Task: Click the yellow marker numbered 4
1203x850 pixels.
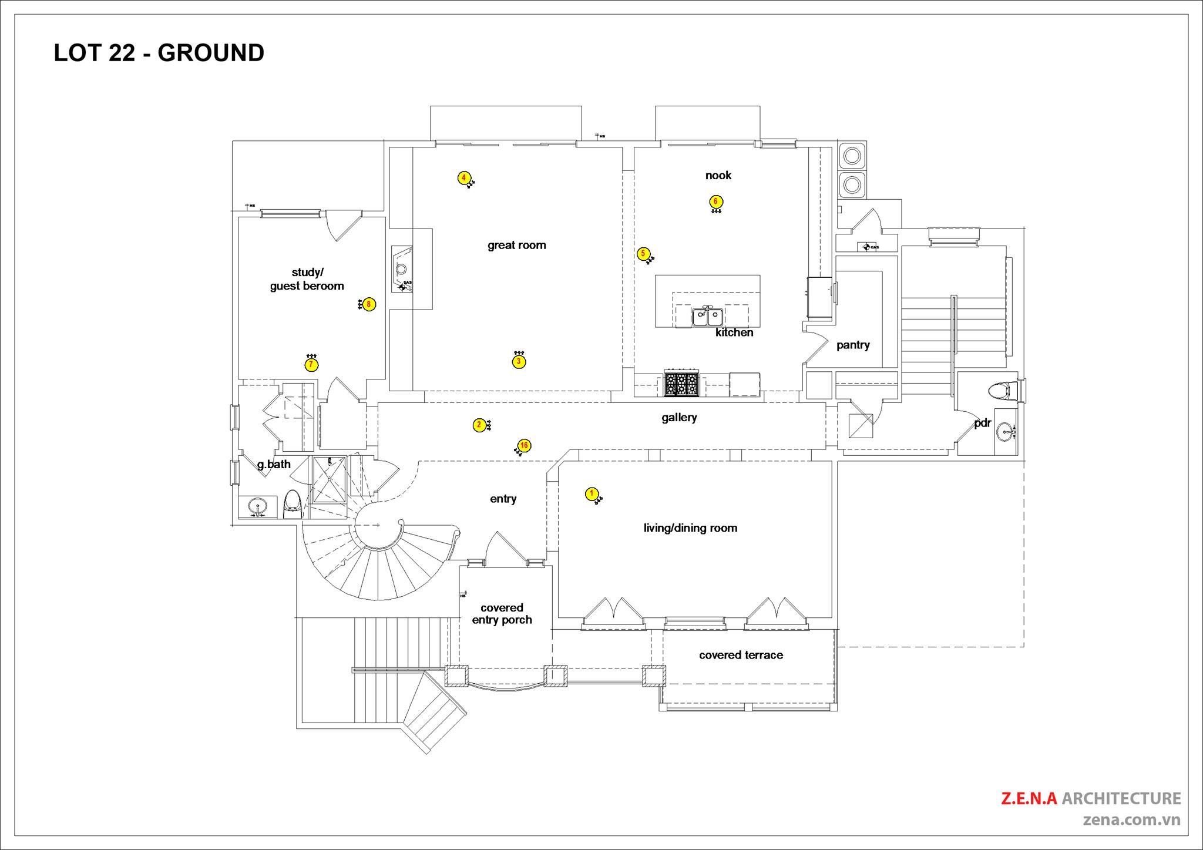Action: point(463,177)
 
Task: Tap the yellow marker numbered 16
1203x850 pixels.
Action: point(524,446)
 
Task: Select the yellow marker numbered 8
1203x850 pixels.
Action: point(369,304)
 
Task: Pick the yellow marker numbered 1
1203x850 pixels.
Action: point(592,493)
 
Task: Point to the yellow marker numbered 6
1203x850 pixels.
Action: point(715,202)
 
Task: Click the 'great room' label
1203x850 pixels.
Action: point(516,246)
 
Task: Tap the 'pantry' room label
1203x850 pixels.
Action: point(853,345)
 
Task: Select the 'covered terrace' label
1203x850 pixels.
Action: point(741,655)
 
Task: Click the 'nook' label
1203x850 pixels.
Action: point(718,176)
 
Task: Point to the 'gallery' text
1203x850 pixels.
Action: point(679,418)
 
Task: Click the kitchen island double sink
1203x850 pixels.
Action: point(707,317)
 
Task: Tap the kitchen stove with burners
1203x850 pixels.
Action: point(681,384)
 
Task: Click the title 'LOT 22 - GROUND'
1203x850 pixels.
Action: point(159,53)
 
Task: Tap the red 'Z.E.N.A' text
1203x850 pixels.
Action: point(1029,798)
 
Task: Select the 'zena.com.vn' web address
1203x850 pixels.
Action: point(1131,820)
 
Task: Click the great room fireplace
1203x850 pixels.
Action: point(402,269)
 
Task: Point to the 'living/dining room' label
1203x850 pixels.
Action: point(690,528)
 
